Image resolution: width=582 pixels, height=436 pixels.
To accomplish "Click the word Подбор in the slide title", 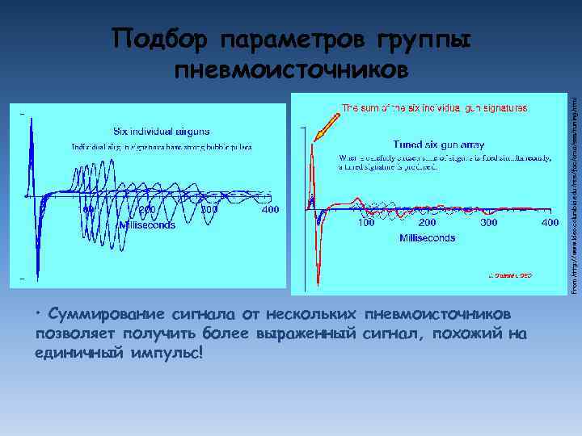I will [157, 40].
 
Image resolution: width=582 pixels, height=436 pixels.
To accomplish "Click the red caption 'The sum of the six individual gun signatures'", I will [435, 107].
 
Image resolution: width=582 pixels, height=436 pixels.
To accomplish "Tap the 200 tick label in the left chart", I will [145, 210].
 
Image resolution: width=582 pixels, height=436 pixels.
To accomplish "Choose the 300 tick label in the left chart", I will [209, 210].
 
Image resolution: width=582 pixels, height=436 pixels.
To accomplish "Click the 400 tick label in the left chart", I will [271, 210].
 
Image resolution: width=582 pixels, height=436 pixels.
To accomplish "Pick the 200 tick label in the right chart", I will [428, 222].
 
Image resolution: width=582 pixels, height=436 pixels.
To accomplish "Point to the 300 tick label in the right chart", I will [488, 222].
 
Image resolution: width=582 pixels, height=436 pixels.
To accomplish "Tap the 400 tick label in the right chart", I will [550, 222].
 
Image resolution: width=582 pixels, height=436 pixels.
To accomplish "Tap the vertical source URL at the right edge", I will [573, 194].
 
